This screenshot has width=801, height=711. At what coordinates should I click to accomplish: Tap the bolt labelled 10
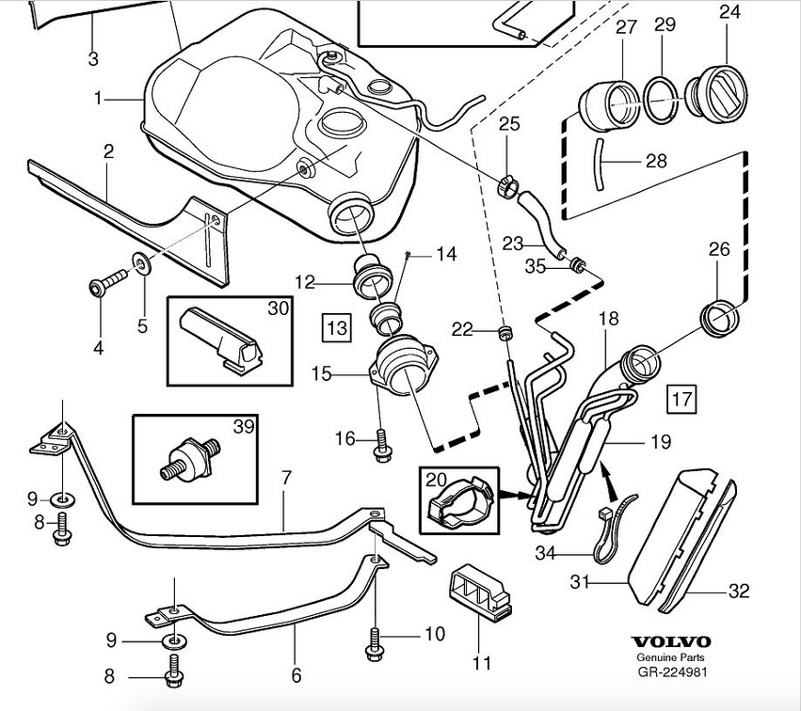[375, 641]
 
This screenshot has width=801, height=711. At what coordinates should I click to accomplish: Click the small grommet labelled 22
[506, 332]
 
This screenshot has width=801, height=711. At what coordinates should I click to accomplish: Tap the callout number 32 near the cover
[740, 591]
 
